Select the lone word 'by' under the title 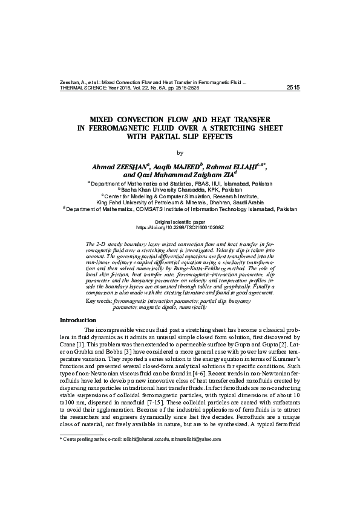[x=179, y=152]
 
